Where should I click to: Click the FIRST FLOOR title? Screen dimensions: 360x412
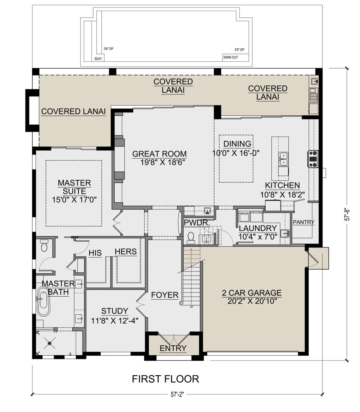[x=165, y=379]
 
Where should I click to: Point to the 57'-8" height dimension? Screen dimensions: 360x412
[x=347, y=215]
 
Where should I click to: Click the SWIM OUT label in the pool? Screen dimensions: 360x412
[x=230, y=58]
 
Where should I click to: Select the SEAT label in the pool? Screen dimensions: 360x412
[x=98, y=59]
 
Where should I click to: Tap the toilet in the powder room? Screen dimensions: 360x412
[x=191, y=238]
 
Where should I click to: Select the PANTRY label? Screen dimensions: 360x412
[x=304, y=222]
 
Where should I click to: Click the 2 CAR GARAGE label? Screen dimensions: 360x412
[x=252, y=293]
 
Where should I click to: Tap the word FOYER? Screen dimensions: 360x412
[x=165, y=295]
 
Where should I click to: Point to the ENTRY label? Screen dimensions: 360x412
[x=173, y=348]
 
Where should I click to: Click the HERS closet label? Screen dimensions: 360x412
[x=126, y=251]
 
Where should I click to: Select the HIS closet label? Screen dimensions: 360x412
[x=95, y=253]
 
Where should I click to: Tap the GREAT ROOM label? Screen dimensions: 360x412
[x=159, y=154]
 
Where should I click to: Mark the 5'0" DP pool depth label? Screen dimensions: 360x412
[x=239, y=49]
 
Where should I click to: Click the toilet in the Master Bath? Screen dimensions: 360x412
[x=44, y=246]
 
